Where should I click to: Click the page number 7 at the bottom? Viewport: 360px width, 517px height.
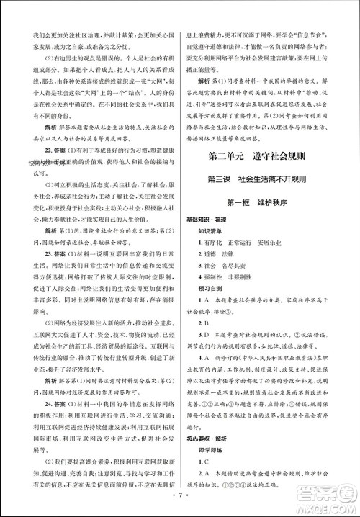tap(179, 505)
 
